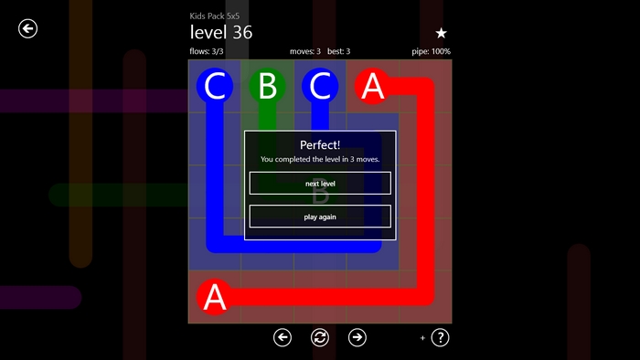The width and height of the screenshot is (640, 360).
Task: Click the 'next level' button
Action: click(x=320, y=183)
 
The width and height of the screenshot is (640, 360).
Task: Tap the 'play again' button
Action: click(x=320, y=217)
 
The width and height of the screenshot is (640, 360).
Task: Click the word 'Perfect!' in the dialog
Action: click(x=320, y=144)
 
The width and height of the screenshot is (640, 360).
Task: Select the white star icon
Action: click(x=441, y=33)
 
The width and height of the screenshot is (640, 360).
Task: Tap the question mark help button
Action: click(x=440, y=337)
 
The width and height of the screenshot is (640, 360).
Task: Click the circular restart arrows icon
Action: click(x=320, y=337)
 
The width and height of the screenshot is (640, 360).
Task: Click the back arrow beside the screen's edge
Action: click(x=27, y=28)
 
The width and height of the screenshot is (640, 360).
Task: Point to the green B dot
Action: click(x=267, y=86)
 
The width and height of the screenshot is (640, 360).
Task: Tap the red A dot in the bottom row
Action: click(x=215, y=297)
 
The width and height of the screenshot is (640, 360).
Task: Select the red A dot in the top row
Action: click(x=373, y=86)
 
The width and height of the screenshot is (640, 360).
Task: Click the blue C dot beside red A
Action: click(x=320, y=86)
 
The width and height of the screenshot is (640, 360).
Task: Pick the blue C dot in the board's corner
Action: click(x=215, y=86)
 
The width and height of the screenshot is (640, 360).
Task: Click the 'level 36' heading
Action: click(x=221, y=33)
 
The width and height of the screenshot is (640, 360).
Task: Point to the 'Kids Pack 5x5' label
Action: click(x=214, y=16)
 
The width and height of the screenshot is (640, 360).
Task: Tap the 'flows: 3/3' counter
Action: click(x=206, y=51)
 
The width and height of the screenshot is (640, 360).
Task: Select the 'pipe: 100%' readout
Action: click(x=431, y=51)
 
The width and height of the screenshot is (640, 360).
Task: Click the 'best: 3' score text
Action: click(x=339, y=51)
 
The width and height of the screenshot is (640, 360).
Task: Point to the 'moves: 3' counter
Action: click(x=304, y=51)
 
